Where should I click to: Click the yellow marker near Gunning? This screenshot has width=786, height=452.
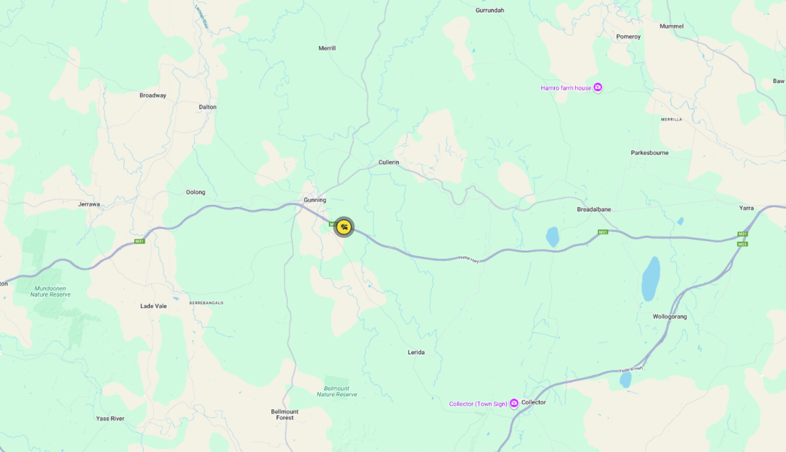tap(344, 227)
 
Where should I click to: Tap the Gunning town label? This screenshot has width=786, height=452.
tap(315, 200)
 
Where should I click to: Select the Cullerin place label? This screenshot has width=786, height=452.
tap(389, 162)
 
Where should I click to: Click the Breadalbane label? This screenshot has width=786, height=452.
tap(593, 209)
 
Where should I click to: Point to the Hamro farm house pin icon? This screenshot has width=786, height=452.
tap(598, 88)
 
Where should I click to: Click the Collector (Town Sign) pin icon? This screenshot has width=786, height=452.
tap(514, 404)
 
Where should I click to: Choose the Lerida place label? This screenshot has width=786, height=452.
tap(416, 352)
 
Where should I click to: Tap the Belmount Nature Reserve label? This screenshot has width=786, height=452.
tap(337, 391)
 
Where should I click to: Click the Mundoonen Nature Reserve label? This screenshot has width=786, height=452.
tap(50, 291)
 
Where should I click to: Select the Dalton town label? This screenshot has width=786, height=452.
tap(208, 107)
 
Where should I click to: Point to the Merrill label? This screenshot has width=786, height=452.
tap(327, 48)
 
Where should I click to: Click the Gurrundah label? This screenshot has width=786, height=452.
tap(490, 10)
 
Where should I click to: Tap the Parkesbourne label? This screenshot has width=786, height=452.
tap(650, 153)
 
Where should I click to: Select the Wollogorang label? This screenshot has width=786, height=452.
tap(670, 316)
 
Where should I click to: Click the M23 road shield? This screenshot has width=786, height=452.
tap(743, 244)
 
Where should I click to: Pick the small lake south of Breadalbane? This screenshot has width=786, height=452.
tap(553, 236)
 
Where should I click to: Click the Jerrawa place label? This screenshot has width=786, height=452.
tap(89, 204)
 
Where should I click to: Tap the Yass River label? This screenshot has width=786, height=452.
tap(110, 419)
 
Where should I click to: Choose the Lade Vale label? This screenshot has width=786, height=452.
tap(154, 306)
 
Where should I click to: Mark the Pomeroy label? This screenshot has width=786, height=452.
tap(628, 37)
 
